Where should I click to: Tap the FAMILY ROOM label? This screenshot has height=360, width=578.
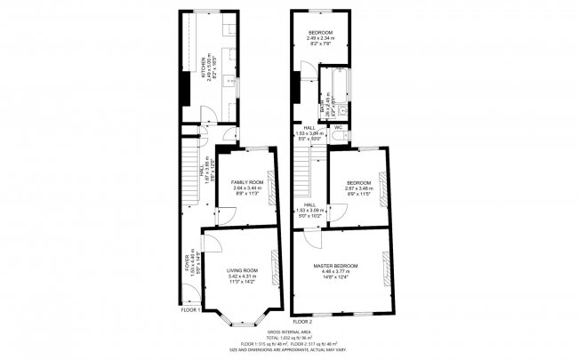click(236, 180)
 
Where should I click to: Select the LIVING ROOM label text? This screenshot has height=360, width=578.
click(242, 271)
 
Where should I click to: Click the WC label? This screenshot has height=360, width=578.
click(338, 128)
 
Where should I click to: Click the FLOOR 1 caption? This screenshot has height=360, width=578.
click(190, 310)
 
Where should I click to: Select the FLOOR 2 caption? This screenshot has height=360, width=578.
click(302, 320)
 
